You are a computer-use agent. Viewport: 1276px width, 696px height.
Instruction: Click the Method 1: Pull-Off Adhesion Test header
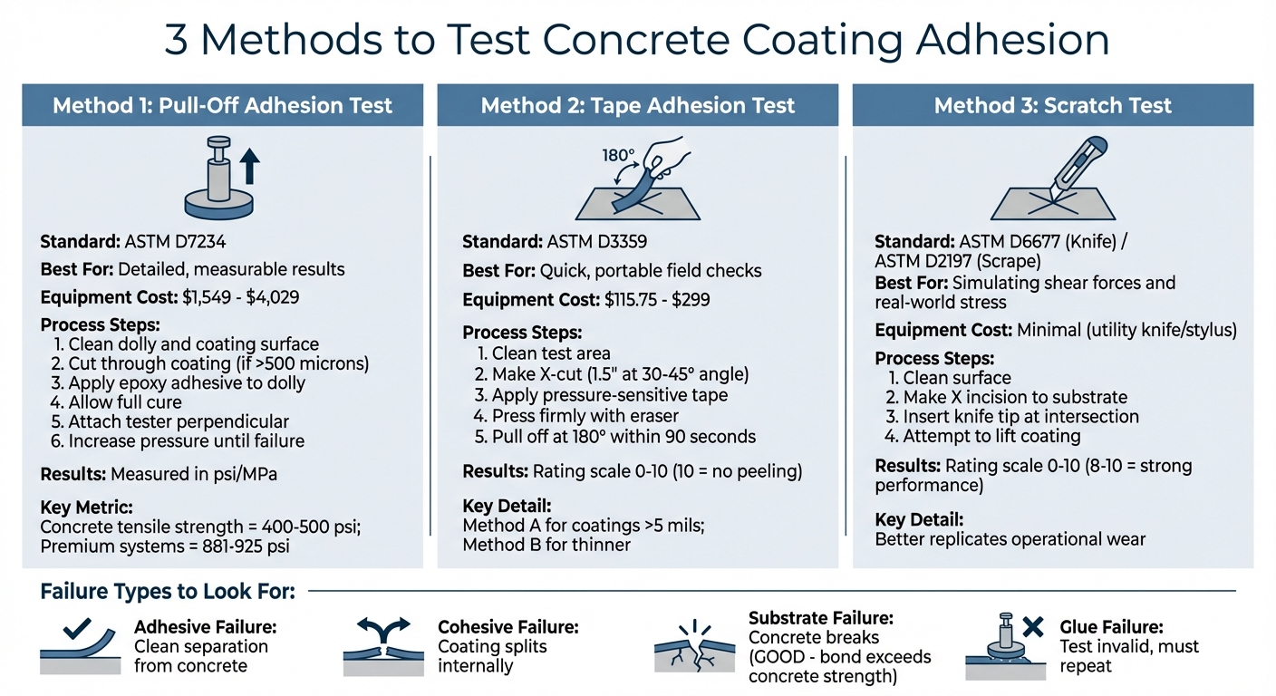point(222,105)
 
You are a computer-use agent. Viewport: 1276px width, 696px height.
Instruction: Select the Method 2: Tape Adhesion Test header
point(637,105)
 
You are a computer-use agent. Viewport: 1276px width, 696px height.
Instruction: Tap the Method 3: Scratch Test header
point(1052,105)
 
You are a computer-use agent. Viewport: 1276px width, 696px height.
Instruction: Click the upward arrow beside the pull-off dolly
point(249,169)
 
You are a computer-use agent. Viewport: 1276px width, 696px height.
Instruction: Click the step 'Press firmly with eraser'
point(576,416)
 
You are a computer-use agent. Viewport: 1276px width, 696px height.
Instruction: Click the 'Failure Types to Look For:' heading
point(168,592)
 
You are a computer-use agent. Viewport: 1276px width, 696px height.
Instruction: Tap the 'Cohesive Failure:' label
point(507,626)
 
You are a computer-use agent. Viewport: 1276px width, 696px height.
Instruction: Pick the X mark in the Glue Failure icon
point(1031,625)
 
